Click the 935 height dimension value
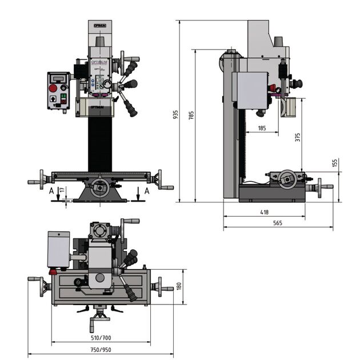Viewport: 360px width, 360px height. click(x=175, y=114)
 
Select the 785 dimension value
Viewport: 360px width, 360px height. click(x=191, y=114)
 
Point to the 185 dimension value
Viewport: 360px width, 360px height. click(x=262, y=129)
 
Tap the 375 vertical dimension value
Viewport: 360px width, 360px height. click(x=298, y=137)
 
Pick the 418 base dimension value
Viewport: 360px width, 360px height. click(x=264, y=212)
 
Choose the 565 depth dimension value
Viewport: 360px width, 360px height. click(x=278, y=223)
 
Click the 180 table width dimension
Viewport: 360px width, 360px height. click(x=179, y=286)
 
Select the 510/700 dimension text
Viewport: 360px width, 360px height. click(x=101, y=338)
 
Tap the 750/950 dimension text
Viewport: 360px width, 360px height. click(x=101, y=350)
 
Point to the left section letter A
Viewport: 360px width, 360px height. click(x=51, y=190)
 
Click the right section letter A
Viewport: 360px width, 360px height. click(x=147, y=190)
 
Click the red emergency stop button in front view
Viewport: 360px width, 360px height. click(x=54, y=88)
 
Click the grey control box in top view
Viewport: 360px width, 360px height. click(x=58, y=249)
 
